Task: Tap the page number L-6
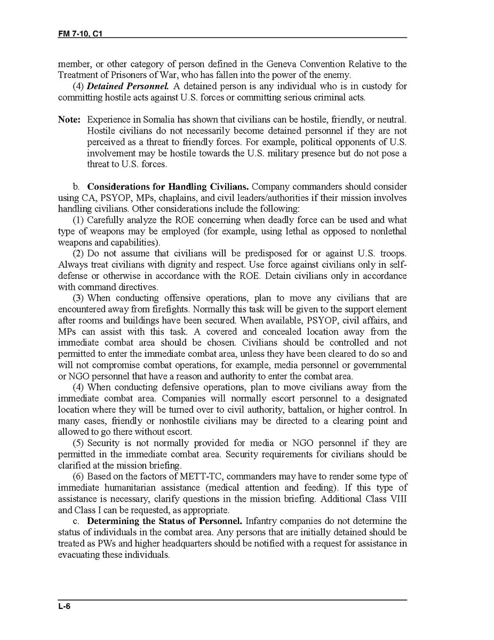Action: (65, 605)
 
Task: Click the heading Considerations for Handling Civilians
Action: (168, 187)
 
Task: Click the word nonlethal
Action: (389, 231)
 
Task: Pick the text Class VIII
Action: (389, 499)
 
